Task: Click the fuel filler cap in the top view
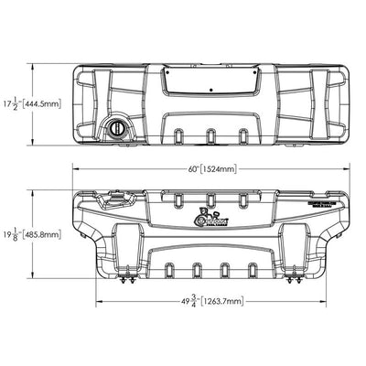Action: (118, 128)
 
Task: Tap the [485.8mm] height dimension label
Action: (45, 233)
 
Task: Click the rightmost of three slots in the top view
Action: (242, 136)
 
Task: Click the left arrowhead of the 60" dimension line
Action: (76, 168)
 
